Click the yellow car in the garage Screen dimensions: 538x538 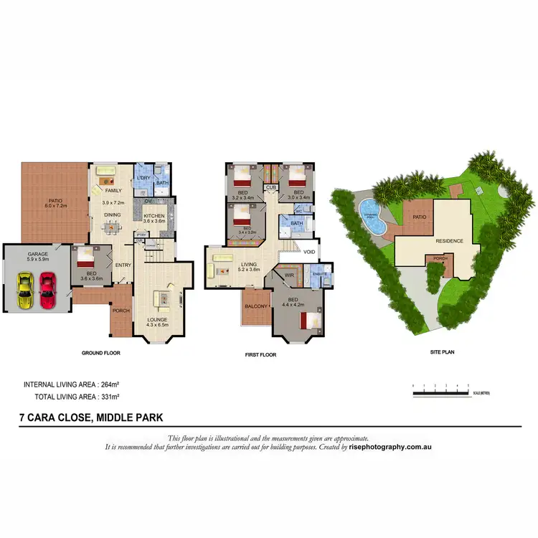pos(25,291)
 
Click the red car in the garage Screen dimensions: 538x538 pos(47,291)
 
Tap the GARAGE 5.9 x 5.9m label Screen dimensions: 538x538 pos(37,257)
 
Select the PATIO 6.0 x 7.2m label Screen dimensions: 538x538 pos(56,204)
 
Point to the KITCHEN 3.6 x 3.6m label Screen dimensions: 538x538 pos(154,218)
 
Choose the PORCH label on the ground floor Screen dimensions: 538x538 pos(120,311)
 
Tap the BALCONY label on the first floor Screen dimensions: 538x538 pos(256,306)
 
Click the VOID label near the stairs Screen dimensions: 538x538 pos(309,252)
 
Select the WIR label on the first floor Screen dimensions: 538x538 pos(291,274)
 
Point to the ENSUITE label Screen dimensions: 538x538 pos(319,274)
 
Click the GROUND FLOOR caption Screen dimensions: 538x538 pos(101,353)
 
